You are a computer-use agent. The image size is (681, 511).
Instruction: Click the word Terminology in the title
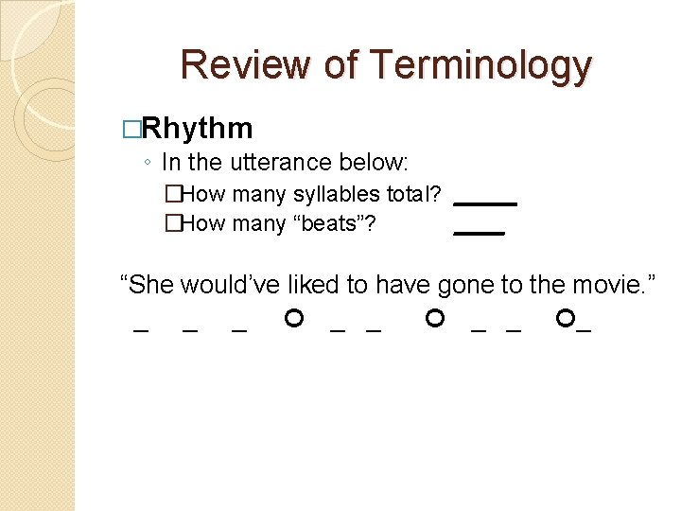pos(481,65)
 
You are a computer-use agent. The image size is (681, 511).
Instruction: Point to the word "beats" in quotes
pos(331,224)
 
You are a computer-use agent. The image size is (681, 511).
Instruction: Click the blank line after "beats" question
pos(479,232)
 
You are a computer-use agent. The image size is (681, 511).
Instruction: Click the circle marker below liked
pos(294,319)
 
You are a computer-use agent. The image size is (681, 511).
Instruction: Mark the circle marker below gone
pos(435,319)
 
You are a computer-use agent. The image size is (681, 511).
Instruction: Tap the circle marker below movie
pos(566,319)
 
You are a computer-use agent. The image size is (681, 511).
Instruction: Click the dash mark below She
pos(141,331)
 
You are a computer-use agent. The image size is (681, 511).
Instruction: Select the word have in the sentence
pos(405,283)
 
